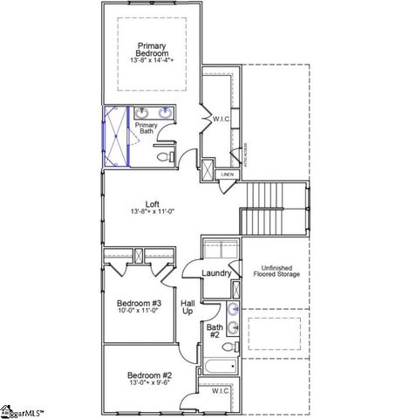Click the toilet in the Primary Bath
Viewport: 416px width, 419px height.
[x=163, y=157]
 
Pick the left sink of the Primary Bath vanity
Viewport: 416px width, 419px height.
[x=142, y=112]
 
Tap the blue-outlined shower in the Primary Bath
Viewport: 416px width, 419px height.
[x=115, y=136]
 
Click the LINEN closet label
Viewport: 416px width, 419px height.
[x=227, y=175]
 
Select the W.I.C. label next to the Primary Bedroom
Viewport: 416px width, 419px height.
[x=220, y=119]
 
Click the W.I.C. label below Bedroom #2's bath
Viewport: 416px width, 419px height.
[x=221, y=391]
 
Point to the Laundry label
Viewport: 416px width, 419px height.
[x=216, y=273]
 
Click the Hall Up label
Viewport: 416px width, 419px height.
[x=187, y=306]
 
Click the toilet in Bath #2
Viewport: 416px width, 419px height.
[x=230, y=347]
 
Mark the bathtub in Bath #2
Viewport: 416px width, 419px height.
[x=219, y=367]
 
